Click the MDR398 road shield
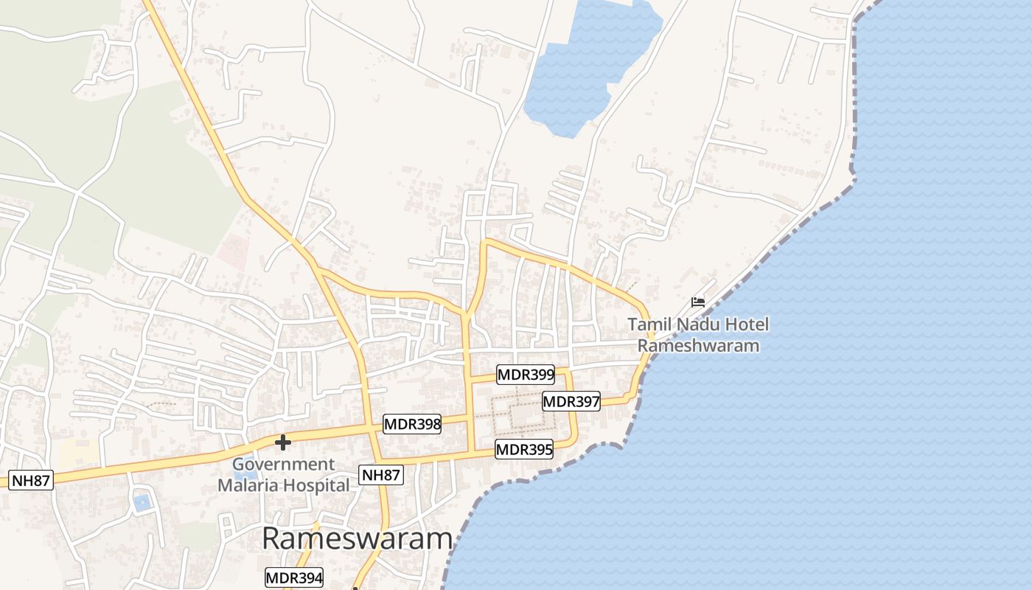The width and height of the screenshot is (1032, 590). tap(411, 424)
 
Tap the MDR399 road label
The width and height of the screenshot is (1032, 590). tap(526, 375)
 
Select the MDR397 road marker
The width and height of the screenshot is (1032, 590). tap(571, 402)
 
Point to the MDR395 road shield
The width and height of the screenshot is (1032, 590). tap(524, 449)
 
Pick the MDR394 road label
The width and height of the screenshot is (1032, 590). tap(294, 577)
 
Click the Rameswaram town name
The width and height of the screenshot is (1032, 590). tap(357, 539)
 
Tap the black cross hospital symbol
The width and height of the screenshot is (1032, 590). tap(282, 442)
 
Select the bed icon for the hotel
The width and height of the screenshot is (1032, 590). tap(697, 302)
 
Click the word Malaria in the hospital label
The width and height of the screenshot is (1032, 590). tap(251, 485)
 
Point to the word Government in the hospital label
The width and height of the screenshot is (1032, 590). tap(283, 465)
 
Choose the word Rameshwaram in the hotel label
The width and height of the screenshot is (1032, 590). tap(698, 345)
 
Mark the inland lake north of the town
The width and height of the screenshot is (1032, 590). tap(582, 66)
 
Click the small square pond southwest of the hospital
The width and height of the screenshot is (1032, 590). tap(142, 503)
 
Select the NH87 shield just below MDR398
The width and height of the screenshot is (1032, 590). tap(381, 475)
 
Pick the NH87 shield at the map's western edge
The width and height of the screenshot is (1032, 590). tap(31, 481)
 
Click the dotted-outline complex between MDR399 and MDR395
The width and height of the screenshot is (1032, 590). tap(524, 414)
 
